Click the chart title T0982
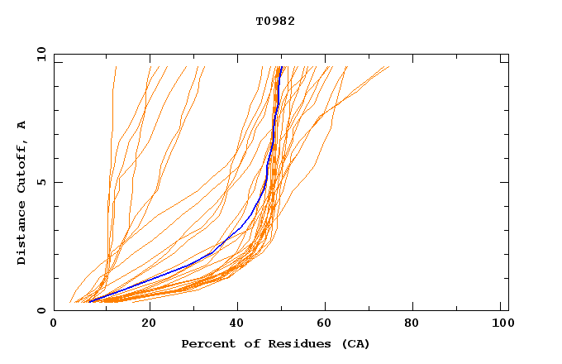[x=275, y=21]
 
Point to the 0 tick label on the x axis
[x=54, y=323]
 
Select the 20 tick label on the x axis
[x=149, y=323]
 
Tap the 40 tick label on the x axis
[x=238, y=323]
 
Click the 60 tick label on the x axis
[x=327, y=323]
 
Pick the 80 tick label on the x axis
[x=417, y=323]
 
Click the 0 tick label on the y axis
[x=40, y=310]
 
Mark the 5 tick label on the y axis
[x=40, y=182]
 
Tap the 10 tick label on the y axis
[x=40, y=54]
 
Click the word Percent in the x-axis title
[x=207, y=343]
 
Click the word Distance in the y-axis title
[x=22, y=233]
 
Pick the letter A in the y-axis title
[x=22, y=125]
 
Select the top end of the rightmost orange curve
[x=388, y=67]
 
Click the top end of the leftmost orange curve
[x=116, y=67]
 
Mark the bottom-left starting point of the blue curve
[x=89, y=301]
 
